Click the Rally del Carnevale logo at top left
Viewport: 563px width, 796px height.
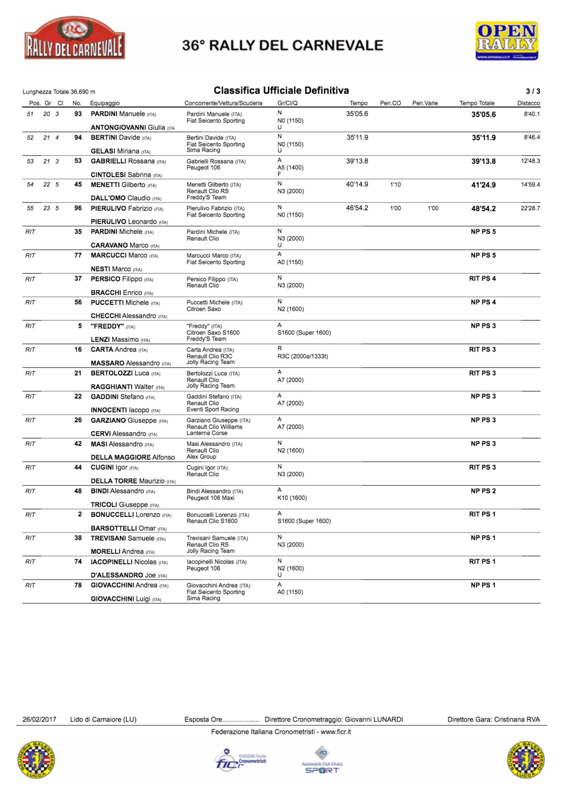coord(74,39)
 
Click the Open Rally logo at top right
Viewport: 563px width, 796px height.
coord(507,41)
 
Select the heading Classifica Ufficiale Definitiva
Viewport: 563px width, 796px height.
coord(281,90)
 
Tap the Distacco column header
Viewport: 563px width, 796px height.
coord(528,103)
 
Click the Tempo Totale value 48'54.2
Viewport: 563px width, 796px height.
coord(483,209)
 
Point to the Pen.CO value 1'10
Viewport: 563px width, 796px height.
coord(395,185)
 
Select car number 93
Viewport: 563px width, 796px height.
coord(78,114)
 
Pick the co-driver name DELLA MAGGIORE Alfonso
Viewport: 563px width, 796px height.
coord(132,457)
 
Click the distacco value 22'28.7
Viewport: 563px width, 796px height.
coord(530,208)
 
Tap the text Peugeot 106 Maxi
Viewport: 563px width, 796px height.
coord(210,498)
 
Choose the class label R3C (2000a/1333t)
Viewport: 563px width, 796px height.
coord(302,356)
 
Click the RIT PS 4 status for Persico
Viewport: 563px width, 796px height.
coord(482,279)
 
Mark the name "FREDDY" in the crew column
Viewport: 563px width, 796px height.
coord(107,326)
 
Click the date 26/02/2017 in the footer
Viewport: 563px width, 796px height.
coord(39,719)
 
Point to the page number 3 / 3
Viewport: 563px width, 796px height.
coord(533,91)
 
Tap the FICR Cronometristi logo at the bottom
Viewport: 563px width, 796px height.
coord(240,761)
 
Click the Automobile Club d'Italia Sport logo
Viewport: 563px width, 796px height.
coord(322,760)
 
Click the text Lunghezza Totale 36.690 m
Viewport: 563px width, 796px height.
coord(59,92)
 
